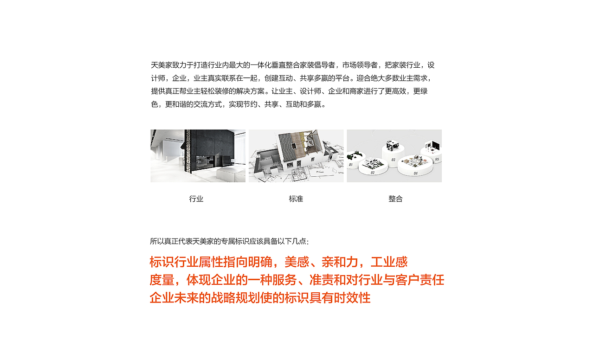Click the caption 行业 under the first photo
[x=196, y=199]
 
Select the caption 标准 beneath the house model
[x=296, y=199]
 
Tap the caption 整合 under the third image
[x=395, y=199]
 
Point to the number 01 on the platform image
[x=350, y=164]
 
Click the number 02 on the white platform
[x=373, y=173]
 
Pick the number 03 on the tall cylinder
[x=393, y=160]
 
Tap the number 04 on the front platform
[x=416, y=173]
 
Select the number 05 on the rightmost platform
[x=437, y=159]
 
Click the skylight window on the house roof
[x=294, y=145]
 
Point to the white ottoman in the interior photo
[x=231, y=174]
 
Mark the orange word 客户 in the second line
[x=407, y=280]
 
